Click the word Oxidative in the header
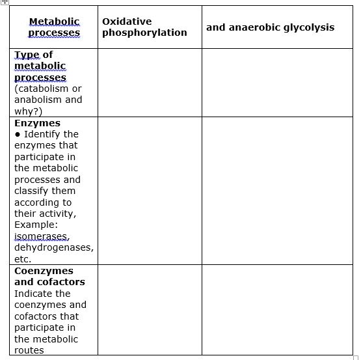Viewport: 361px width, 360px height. click(127, 21)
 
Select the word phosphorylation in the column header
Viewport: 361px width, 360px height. click(144, 33)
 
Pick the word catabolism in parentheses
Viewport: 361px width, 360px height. click(47, 89)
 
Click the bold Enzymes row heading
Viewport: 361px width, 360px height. click(37, 123)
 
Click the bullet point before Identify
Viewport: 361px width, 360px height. click(18, 134)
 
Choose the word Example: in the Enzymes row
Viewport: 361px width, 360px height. click(36, 225)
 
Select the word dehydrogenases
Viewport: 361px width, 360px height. click(53, 247)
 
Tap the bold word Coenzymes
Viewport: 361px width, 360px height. click(44, 271)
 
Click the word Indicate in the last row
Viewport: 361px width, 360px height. click(34, 294)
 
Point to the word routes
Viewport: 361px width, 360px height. click(29, 350)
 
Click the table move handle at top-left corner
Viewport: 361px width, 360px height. click(5, 3)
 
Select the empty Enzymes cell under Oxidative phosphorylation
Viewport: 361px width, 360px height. click(150, 190)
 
